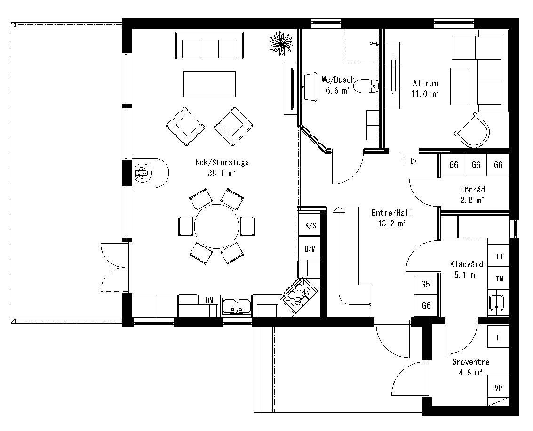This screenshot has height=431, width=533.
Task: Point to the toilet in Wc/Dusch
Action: pyautogui.click(x=366, y=86)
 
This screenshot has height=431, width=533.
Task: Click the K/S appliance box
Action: pyautogui.click(x=310, y=226)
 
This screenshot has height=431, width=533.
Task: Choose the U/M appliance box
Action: pyautogui.click(x=310, y=249)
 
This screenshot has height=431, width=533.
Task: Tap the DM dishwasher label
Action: pyautogui.click(x=209, y=300)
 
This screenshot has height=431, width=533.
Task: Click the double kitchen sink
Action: pyautogui.click(x=236, y=306)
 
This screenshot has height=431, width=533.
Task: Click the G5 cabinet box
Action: pyautogui.click(x=426, y=285)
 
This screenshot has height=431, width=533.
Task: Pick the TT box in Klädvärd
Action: pyautogui.click(x=499, y=256)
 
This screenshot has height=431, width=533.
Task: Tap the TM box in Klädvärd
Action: pyautogui.click(x=499, y=279)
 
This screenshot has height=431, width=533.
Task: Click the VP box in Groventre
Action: pyautogui.click(x=499, y=388)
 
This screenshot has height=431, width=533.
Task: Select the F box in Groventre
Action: pyautogui.click(x=499, y=337)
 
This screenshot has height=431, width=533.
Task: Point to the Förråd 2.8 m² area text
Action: pyautogui.click(x=472, y=200)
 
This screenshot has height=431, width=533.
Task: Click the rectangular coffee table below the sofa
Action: pyautogui.click(x=209, y=84)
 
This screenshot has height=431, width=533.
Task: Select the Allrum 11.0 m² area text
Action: pyautogui.click(x=425, y=94)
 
